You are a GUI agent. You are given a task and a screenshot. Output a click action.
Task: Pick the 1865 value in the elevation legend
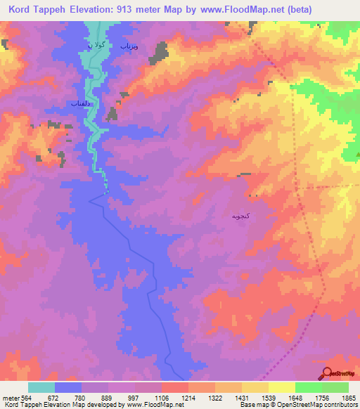(x=347, y=398)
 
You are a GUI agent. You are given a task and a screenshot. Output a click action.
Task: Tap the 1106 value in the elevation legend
(x=160, y=398)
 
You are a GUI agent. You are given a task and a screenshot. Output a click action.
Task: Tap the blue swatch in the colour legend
(x=68, y=387)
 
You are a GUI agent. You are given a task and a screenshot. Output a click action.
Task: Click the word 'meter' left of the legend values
(x=10, y=398)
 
